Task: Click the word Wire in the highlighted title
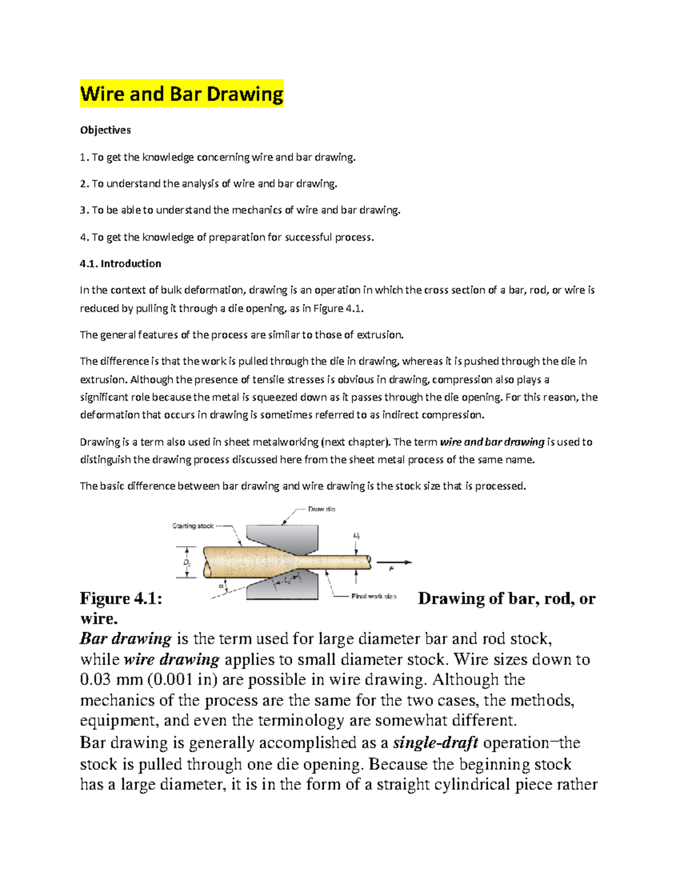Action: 103,93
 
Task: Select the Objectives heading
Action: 105,130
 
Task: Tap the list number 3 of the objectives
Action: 83,210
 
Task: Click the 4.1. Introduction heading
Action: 121,263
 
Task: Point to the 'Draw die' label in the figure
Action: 321,509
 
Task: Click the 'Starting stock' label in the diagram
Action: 193,526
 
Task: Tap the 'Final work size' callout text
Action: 373,596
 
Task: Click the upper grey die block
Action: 283,536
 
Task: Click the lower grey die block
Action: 283,586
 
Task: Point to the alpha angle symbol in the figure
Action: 221,586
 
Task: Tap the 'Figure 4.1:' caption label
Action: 121,598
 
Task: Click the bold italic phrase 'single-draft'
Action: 435,743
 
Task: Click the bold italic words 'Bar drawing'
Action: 125,639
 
